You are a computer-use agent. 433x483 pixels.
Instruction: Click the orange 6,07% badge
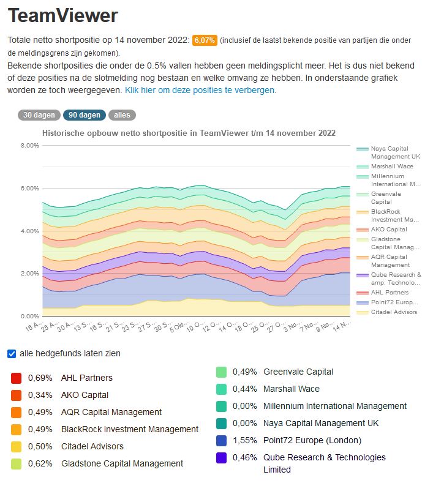[x=204, y=40]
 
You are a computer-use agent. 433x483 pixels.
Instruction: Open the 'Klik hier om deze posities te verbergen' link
[x=200, y=89]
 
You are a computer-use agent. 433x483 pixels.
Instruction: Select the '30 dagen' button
[x=39, y=115]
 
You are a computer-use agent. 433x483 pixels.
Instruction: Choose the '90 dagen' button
[x=84, y=115]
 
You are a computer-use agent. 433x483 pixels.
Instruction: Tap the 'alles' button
[x=122, y=115]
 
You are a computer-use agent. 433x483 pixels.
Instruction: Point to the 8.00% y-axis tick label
[x=29, y=146]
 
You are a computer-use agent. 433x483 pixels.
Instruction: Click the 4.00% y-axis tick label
[x=29, y=231]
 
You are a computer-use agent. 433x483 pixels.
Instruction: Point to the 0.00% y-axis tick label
[x=29, y=316]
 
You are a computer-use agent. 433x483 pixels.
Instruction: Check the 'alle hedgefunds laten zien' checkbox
[x=12, y=354]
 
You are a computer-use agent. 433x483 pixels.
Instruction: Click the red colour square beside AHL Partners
[x=17, y=378]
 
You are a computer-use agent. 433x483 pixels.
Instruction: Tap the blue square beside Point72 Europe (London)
[x=222, y=440]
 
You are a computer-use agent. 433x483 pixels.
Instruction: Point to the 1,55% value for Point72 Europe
[x=245, y=440]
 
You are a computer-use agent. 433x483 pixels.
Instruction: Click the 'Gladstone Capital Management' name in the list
[x=122, y=463]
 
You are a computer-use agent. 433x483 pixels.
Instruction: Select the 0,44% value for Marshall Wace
[x=245, y=389]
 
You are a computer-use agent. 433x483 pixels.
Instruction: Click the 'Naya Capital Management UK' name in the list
[x=321, y=423]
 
